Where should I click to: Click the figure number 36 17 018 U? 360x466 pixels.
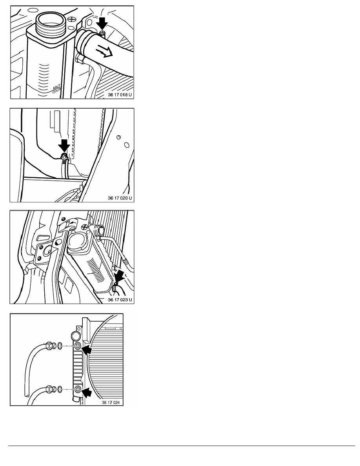[x=120, y=95]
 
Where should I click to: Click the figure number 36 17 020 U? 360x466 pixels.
[x=120, y=198]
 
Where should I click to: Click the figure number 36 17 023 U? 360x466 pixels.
[x=120, y=300]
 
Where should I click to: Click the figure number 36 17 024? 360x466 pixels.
[x=111, y=402]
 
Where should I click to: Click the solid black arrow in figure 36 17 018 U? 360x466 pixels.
[x=102, y=24]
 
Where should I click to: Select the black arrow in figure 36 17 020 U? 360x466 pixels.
[x=64, y=145]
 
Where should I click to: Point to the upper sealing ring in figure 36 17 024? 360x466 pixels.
[x=60, y=346]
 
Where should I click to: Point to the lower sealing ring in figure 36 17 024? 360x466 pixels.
[x=60, y=389]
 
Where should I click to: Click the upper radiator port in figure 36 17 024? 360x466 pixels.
[x=78, y=346]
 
